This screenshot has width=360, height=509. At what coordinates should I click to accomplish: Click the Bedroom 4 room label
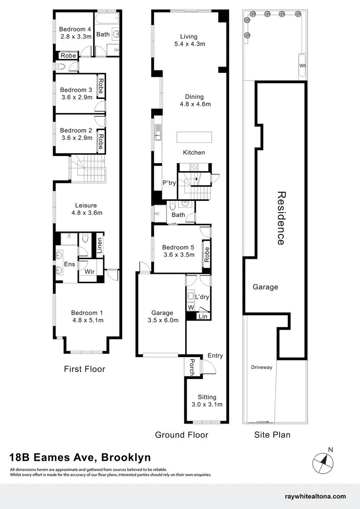(x=73, y=29)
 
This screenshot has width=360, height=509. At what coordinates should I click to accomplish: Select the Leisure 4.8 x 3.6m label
(x=86, y=209)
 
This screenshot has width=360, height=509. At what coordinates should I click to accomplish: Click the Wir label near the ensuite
(x=90, y=272)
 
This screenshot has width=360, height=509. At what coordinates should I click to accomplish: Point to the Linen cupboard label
(x=99, y=246)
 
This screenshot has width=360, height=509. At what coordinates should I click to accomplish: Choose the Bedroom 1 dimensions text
(x=87, y=320)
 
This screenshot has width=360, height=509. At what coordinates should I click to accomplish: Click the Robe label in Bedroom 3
(x=100, y=86)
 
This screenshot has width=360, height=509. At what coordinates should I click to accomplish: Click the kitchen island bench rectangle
(x=194, y=138)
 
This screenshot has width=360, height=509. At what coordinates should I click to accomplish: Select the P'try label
(x=169, y=183)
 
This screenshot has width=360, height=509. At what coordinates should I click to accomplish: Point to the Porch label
(x=191, y=367)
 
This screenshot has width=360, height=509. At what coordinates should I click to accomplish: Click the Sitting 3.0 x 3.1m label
(x=207, y=401)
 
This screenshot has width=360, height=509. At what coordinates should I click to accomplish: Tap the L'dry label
(x=202, y=297)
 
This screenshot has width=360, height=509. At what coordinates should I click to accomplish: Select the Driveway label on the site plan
(x=262, y=367)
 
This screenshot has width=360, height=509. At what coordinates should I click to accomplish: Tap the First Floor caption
(x=84, y=369)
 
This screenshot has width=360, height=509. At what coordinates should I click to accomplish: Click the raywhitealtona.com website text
(x=315, y=496)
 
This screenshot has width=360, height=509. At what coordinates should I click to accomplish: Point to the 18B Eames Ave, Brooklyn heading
(x=80, y=457)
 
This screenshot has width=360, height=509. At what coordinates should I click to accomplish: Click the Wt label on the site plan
(x=302, y=66)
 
